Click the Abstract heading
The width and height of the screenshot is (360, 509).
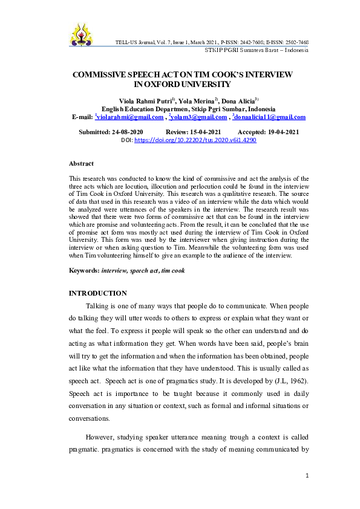[x=81, y=164]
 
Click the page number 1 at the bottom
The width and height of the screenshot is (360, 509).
[x=307, y=476]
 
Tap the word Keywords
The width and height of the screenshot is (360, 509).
[x=84, y=270]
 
